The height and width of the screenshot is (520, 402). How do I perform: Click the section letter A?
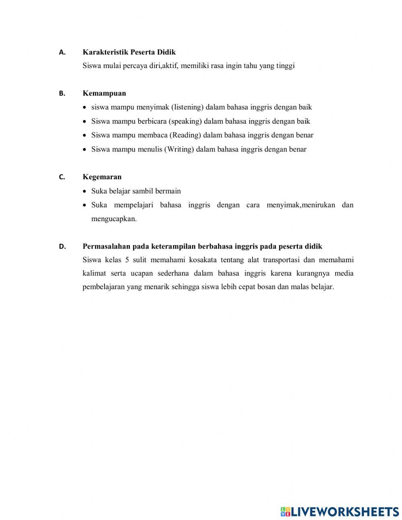pos(62,52)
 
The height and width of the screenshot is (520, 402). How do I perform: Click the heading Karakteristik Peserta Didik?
pos(129,52)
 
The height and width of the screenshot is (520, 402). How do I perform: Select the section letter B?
pos(62,93)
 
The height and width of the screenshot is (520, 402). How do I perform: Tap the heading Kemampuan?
pos(104,93)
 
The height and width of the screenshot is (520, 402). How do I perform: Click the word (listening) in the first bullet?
pos(187,107)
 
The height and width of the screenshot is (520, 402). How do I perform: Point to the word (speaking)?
pos(185,121)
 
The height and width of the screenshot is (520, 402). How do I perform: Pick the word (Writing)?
pos(179,149)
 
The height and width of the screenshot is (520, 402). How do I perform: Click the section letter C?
pos(62,177)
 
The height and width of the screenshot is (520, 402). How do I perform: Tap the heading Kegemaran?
pos(102,177)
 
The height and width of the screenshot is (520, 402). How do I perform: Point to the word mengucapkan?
pos(114,219)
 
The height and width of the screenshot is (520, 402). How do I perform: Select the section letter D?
pos(62,247)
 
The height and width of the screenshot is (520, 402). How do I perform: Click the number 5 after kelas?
pos(127,260)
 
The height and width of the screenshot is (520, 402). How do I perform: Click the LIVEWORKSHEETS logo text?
pos(345,512)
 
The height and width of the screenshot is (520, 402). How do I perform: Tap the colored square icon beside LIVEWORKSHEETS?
pos(285,512)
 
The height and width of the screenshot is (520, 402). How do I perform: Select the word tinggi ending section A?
pos(285,66)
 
